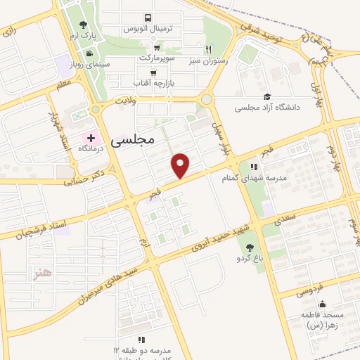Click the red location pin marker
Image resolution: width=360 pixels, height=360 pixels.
pyautogui.click(x=181, y=165)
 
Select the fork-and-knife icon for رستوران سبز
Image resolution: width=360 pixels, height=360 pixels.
pyautogui.click(x=208, y=49)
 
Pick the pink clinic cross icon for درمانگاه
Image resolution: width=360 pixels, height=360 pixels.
pyautogui.click(x=90, y=136)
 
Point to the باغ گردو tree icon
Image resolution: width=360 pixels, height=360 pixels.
pyautogui.click(x=250, y=247)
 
